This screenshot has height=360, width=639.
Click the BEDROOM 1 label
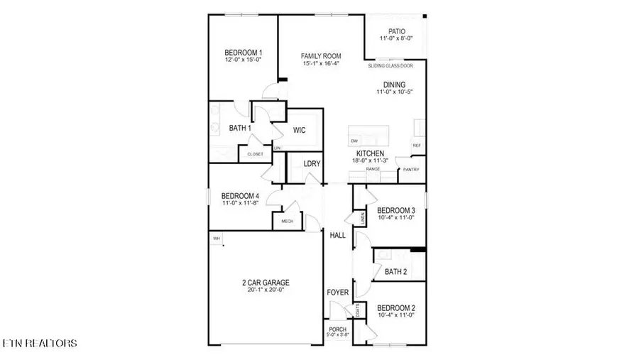(244, 53)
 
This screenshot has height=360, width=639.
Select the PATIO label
(396, 31)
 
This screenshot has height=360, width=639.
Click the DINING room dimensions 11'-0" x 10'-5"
(395, 92)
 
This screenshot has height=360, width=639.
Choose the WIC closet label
(299, 130)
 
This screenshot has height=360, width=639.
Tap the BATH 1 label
(240, 129)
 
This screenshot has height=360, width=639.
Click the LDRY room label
(312, 164)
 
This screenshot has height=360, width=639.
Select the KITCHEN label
(370, 153)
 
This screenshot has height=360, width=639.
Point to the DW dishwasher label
(354, 141)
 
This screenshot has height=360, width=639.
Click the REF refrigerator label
(417, 146)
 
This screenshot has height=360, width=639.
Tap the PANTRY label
(411, 170)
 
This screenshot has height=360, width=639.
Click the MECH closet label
(288, 222)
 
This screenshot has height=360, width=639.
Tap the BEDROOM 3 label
(395, 211)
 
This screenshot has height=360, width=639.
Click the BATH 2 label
(395, 271)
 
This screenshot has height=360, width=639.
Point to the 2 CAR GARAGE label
(266, 283)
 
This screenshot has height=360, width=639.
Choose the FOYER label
(337, 293)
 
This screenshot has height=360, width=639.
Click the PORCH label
(338, 329)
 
